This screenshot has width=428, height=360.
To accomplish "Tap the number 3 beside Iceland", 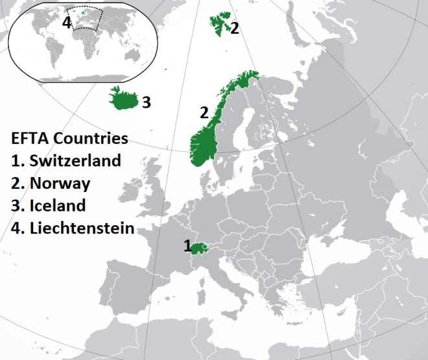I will point(147,102).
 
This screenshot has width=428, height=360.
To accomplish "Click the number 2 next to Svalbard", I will point(234,28).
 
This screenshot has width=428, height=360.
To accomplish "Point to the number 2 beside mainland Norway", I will point(204,112).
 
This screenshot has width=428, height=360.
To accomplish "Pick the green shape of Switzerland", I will point(200,248).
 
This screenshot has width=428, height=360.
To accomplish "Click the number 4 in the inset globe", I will point(66,23).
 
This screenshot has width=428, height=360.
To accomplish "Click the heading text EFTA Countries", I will point(69,139).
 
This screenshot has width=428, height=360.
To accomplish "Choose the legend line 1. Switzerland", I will point(66,160).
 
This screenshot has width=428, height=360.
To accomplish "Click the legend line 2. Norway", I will point(51,183).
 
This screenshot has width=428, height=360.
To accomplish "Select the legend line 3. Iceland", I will point(48,206).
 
